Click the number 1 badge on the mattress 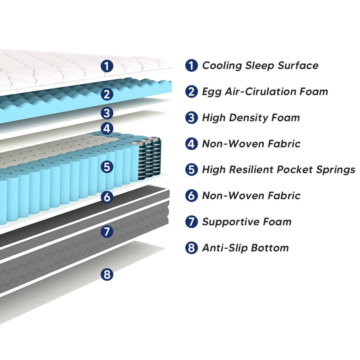107,66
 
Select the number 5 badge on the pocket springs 107,166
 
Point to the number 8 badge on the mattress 107,274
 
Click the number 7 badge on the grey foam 107,231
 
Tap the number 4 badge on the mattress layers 107,129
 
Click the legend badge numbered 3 191,118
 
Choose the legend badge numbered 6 191,196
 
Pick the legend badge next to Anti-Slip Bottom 191,248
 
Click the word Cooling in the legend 222,66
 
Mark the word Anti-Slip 225,248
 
